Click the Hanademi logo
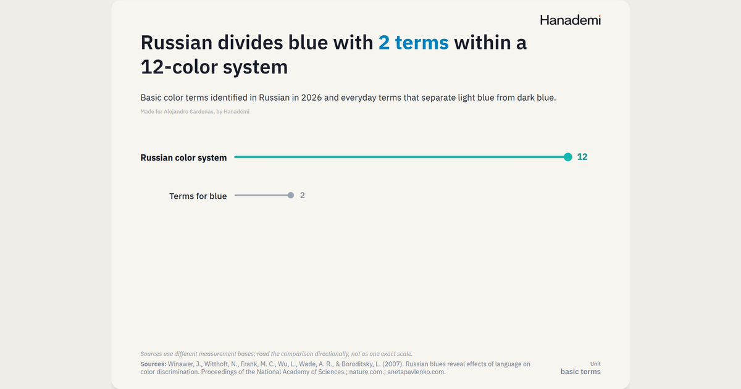[x=571, y=20]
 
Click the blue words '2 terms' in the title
[x=414, y=43]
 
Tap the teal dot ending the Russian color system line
[x=568, y=157]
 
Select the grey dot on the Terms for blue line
[x=291, y=196]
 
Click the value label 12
[x=582, y=157]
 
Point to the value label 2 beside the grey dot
[x=303, y=196]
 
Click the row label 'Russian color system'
[x=183, y=158]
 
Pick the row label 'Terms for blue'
[x=198, y=196]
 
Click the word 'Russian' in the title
[x=177, y=43]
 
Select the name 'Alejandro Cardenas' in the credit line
[x=188, y=112]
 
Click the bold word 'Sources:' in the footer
[x=153, y=364]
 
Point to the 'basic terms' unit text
[x=580, y=372]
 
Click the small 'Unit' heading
[x=595, y=364]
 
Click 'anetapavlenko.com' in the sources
[x=416, y=372]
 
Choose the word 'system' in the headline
[x=255, y=67]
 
